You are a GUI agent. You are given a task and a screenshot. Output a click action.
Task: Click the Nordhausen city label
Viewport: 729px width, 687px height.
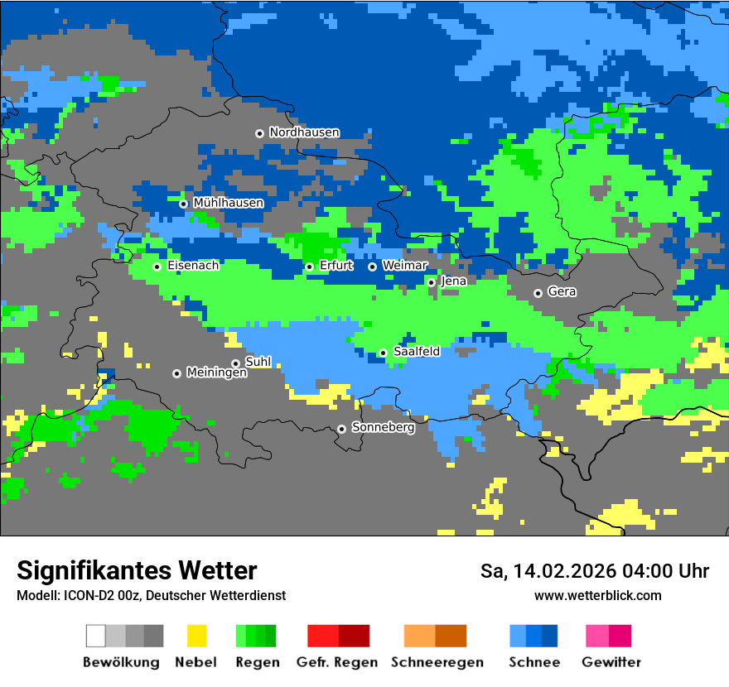(304, 132)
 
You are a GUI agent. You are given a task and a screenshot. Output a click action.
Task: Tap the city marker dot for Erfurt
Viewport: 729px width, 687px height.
(309, 267)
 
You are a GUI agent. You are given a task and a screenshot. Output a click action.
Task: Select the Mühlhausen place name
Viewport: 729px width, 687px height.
(229, 203)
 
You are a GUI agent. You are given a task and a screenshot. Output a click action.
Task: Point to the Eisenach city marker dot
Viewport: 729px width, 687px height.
(157, 267)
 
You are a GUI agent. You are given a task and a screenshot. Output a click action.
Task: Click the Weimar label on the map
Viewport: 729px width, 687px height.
(405, 266)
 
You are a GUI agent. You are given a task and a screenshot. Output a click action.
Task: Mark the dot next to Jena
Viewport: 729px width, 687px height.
(431, 282)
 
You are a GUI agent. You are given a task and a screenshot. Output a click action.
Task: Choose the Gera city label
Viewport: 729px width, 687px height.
(562, 292)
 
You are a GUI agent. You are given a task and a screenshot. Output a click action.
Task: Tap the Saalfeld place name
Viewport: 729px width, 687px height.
(417, 352)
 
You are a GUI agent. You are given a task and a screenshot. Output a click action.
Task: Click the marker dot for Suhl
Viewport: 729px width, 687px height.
(235, 363)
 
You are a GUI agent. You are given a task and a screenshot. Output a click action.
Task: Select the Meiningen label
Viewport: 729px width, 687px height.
(217, 373)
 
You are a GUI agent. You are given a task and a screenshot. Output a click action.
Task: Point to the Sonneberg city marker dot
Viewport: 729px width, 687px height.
(341, 429)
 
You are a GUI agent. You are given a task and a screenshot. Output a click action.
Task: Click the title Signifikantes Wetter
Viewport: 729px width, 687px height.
(137, 570)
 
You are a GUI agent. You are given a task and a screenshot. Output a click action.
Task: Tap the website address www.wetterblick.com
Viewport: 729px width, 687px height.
(597, 596)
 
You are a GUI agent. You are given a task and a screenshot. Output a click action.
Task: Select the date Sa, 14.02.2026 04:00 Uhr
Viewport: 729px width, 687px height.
(595, 571)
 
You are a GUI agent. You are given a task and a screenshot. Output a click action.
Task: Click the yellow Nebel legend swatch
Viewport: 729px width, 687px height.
(196, 636)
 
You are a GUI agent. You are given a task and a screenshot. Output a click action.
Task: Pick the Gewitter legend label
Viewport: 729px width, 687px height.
(611, 662)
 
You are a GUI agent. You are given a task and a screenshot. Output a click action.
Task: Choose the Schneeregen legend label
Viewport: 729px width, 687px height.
(437, 662)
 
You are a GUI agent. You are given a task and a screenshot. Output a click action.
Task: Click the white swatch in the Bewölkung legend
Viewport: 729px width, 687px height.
(96, 636)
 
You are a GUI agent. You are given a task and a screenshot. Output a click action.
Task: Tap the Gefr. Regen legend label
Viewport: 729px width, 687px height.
(337, 662)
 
